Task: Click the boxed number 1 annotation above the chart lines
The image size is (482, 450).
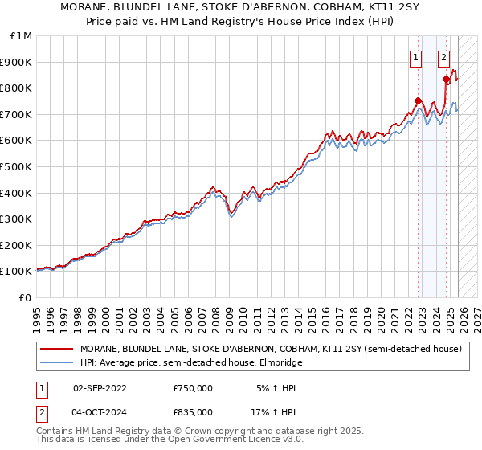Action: click(x=415, y=57)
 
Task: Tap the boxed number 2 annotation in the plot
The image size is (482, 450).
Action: click(x=443, y=57)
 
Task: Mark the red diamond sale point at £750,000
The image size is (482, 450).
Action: click(x=418, y=101)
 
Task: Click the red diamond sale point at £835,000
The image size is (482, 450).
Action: click(x=447, y=79)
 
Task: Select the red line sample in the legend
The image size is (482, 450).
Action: click(x=57, y=349)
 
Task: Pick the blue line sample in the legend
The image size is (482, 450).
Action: click(x=57, y=362)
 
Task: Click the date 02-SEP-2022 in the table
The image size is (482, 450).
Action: click(x=100, y=388)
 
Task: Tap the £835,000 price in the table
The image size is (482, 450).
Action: click(x=193, y=411)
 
